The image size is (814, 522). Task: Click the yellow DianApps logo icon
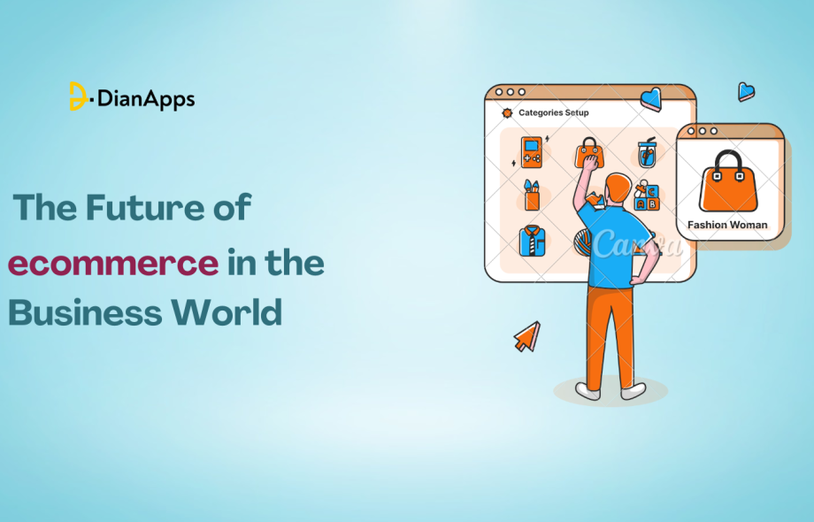(78, 96)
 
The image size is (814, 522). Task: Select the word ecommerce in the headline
(113, 264)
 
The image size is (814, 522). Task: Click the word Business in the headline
(85, 312)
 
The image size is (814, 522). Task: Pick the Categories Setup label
(553, 113)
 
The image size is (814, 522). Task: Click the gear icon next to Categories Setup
(506, 113)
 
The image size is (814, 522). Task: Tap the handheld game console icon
(531, 152)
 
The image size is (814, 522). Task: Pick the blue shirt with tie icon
(531, 241)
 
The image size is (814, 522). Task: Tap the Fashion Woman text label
(727, 225)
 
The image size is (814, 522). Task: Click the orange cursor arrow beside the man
(527, 336)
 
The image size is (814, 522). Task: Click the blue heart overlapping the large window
(651, 98)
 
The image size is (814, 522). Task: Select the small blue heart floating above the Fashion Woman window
(746, 91)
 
